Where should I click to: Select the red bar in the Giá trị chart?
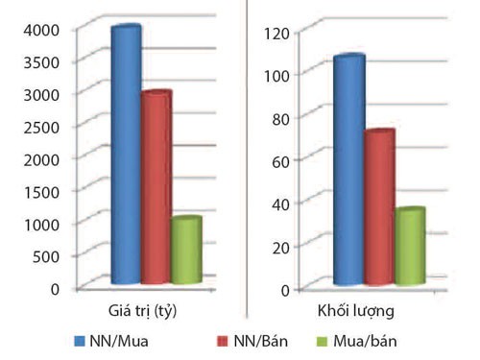156,187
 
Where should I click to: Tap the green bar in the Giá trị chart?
186,251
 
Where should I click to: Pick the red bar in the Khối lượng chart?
379,207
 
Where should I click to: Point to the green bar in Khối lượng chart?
410,247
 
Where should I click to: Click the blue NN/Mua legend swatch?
79,341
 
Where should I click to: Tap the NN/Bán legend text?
247,341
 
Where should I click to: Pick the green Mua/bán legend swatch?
324,341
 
